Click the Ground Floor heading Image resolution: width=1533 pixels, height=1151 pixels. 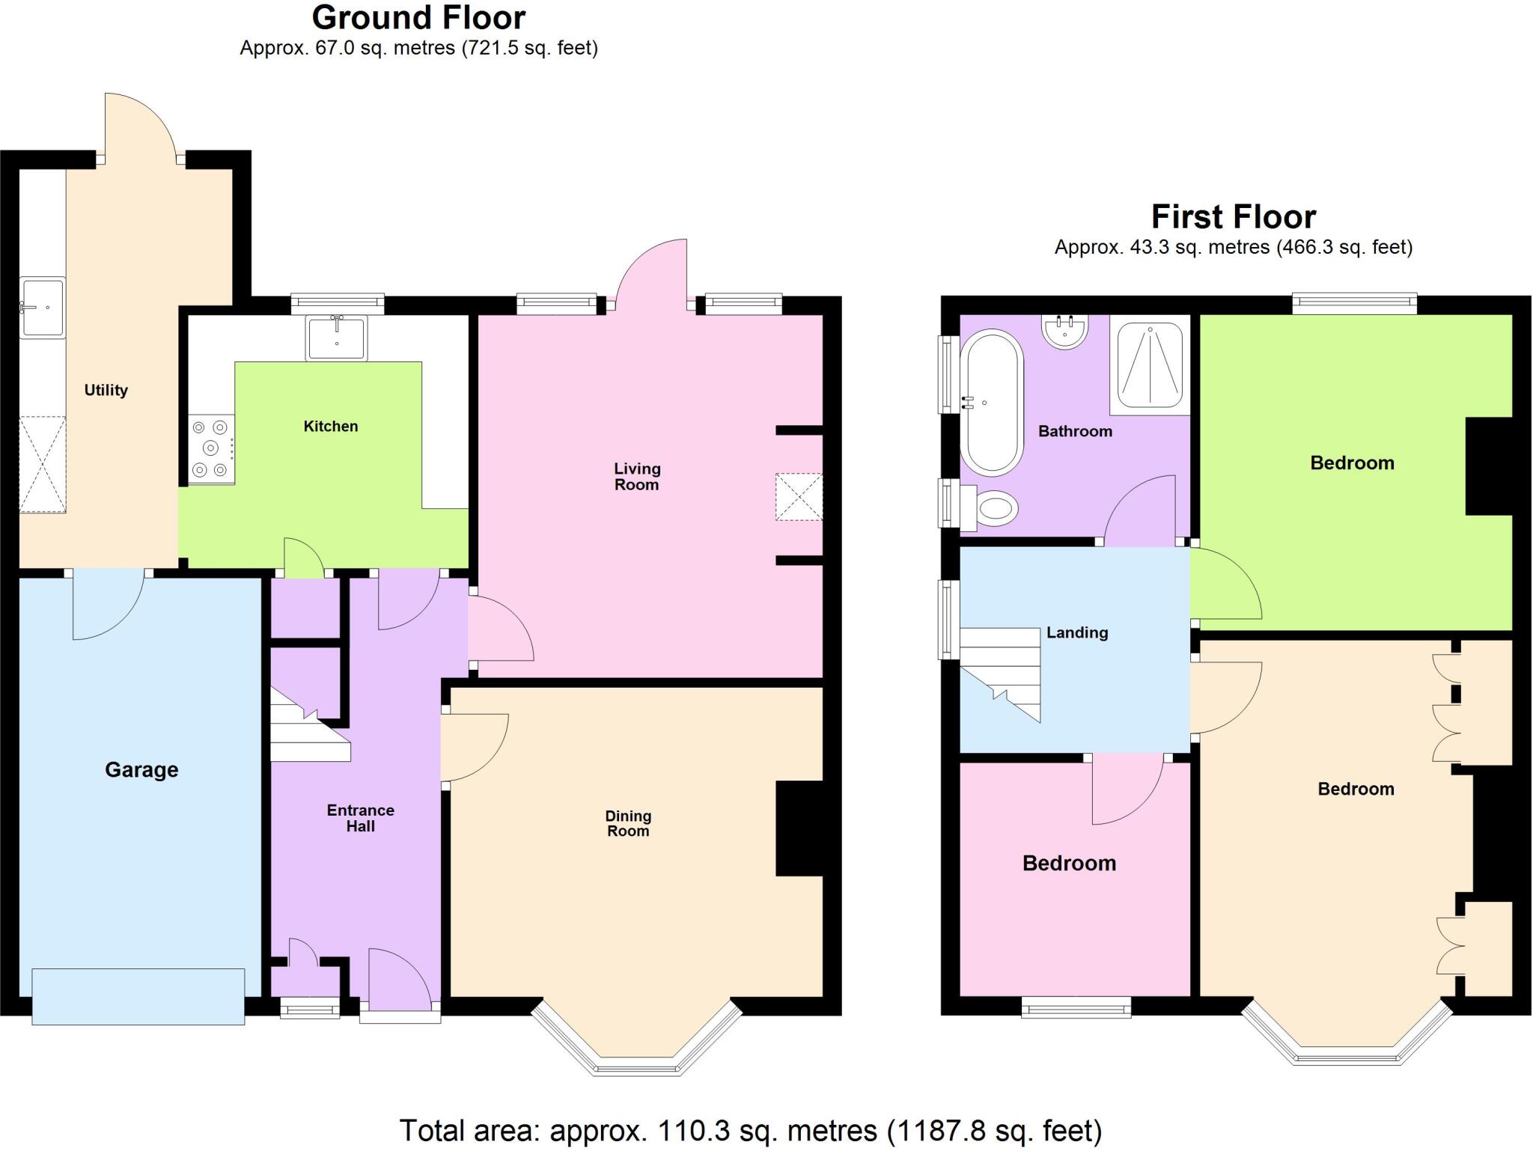click(418, 18)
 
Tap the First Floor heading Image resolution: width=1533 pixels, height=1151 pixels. click(1233, 218)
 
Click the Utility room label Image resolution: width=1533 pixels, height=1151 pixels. click(106, 390)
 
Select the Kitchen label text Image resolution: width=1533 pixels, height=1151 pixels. click(330, 427)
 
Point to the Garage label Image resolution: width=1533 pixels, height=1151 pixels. click(141, 770)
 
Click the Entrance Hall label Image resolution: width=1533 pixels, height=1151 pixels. click(360, 818)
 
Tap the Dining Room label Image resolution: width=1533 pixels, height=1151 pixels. click(628, 823)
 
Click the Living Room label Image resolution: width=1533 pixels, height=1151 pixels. click(637, 477)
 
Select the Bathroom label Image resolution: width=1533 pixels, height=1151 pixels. click(1075, 432)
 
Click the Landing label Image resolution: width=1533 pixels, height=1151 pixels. click(1076, 633)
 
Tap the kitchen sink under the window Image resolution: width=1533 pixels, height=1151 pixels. click(337, 338)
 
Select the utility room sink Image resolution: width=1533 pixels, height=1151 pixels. click(43, 308)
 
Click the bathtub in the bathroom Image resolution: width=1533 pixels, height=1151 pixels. click(992, 403)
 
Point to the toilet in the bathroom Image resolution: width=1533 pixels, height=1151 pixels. click(992, 509)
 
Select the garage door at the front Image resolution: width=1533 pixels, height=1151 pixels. click(138, 996)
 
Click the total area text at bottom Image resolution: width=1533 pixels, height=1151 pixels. click(750, 1131)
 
